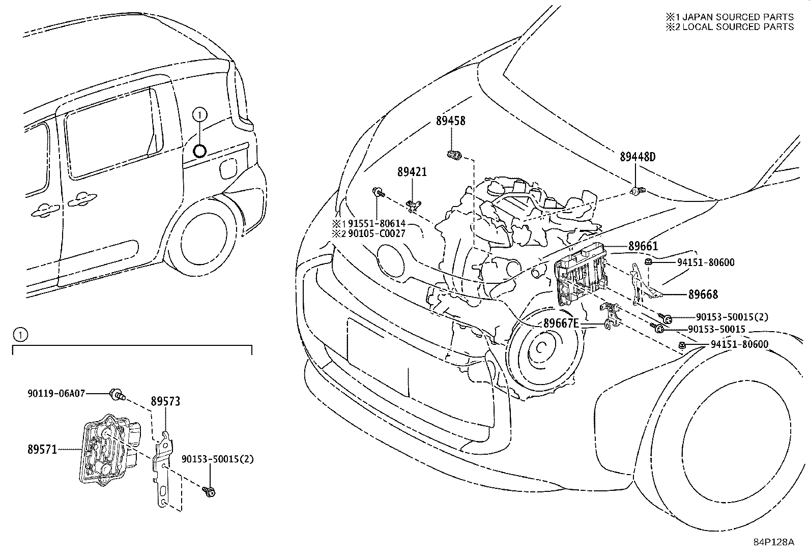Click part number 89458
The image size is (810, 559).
451,121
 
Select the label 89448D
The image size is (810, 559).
638,157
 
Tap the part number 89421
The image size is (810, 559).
412,172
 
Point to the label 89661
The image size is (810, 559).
643,246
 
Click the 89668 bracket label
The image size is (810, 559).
703,295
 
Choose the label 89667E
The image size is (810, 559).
561,323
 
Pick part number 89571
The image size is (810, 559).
42,450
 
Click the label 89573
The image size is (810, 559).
165,401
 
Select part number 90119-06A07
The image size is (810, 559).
56,393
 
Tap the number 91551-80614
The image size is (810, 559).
377,223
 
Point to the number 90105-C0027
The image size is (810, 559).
377,233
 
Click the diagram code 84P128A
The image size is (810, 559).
774,552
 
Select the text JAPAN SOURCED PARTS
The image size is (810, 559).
738,17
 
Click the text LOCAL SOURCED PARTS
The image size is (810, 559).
738,27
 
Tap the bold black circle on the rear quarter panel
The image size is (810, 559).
199,151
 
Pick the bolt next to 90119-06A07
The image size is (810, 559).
117,394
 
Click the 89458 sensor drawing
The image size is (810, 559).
454,155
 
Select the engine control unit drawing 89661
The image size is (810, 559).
581,273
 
